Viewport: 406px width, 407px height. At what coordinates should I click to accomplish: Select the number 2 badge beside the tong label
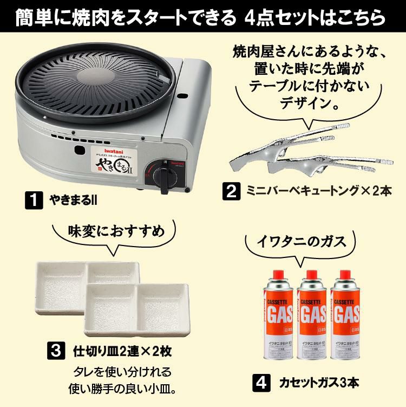coord(231,191)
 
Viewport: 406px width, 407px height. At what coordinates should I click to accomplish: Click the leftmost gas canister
coord(279,315)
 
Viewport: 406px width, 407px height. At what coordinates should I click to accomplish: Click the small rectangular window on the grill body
coord(81,149)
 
